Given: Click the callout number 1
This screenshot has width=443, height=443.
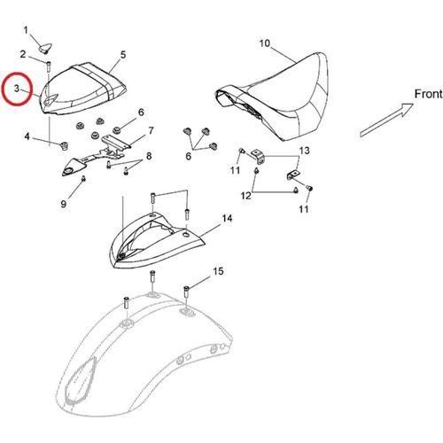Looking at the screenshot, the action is (26, 30).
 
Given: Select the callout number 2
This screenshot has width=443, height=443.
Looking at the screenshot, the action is (23, 55).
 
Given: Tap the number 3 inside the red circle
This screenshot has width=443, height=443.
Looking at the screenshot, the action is (17, 89).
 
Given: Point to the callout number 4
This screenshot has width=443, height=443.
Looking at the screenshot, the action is (27, 136).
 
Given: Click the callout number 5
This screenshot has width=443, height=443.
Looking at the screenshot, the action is (123, 55).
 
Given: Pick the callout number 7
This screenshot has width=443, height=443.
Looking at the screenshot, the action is (151, 130).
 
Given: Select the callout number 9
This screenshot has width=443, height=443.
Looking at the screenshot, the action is (64, 204).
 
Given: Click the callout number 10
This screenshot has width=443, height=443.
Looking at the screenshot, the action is (265, 43).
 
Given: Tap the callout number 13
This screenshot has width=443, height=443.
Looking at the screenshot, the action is (305, 151).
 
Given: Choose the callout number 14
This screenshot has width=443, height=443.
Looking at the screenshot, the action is (227, 219).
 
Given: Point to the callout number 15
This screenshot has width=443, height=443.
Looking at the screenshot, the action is (218, 271).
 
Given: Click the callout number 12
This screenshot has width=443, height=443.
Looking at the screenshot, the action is (245, 195).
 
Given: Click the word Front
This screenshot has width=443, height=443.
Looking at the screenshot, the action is (428, 94).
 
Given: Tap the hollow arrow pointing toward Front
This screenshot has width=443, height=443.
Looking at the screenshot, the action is (386, 120).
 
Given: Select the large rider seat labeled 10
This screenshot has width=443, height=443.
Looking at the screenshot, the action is (272, 97).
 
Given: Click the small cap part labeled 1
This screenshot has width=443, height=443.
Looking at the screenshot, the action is (45, 48).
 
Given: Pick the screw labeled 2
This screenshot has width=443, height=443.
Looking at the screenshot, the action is (49, 66).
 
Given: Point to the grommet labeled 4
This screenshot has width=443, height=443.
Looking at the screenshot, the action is (63, 145).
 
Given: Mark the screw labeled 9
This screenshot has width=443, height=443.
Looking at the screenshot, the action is (83, 179).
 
